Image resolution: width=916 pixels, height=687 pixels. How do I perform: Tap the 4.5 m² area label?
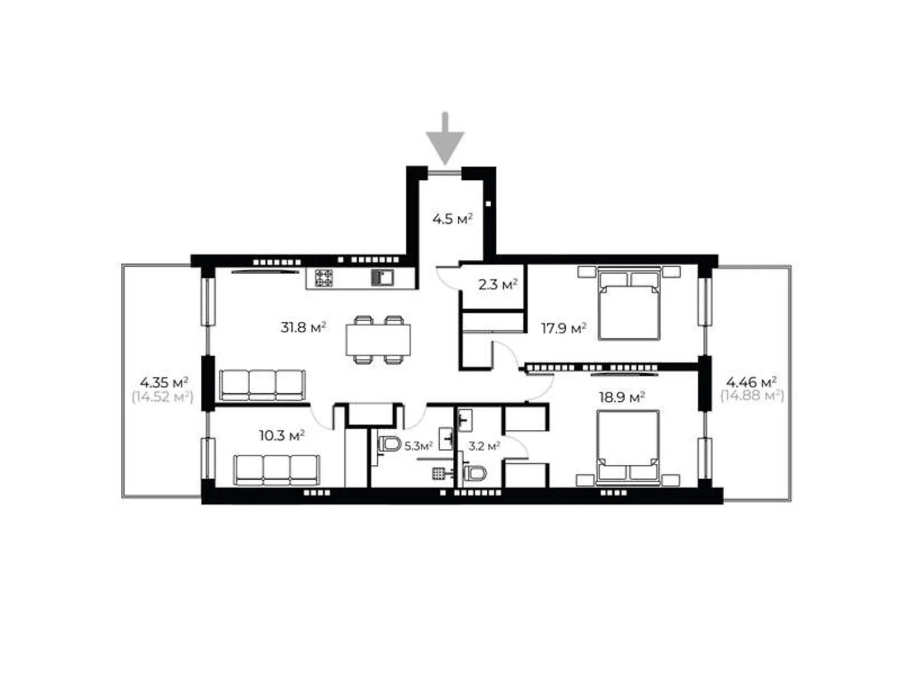452,219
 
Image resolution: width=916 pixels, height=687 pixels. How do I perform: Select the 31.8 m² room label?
303,327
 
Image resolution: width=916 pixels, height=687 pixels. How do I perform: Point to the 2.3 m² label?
498,285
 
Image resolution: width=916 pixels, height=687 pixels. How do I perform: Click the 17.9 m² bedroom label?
564,328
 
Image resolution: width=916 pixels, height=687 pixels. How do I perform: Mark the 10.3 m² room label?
282,436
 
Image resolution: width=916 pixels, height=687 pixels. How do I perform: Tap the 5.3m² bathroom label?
418,447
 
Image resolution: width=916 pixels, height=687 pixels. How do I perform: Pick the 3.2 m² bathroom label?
484,447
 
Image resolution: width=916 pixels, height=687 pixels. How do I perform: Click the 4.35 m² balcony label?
164,382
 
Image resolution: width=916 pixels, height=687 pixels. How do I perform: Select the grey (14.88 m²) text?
752,395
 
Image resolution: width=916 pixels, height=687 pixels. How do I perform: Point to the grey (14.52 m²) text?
163,397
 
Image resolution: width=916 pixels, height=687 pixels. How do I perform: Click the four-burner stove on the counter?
323,278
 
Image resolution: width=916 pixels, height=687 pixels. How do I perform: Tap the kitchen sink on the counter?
382,278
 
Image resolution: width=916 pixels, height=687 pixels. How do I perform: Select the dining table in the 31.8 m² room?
378,340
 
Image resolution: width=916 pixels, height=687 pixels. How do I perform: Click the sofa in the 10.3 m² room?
277,470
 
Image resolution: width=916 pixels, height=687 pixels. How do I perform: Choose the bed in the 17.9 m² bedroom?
629,303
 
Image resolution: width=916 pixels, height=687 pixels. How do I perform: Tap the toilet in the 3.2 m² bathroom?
476,474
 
